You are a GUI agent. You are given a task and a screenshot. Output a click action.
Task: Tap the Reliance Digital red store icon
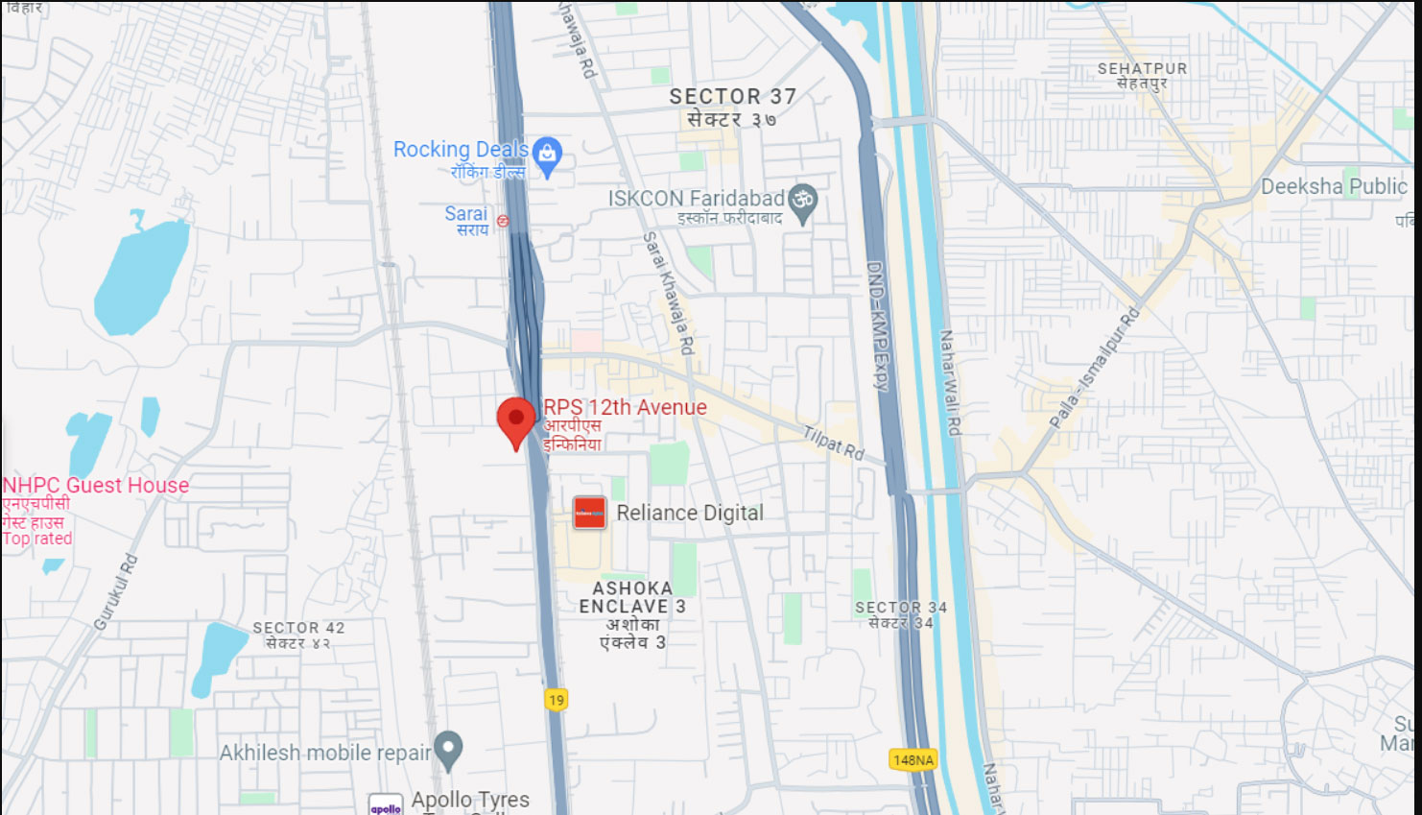(x=589, y=513)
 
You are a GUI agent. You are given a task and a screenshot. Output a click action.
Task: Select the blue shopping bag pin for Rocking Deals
(x=547, y=156)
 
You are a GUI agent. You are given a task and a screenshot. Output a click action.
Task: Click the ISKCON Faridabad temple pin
(x=802, y=202)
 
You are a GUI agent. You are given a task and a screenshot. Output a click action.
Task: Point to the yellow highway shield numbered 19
(x=556, y=700)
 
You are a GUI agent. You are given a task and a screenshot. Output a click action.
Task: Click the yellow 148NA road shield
(x=912, y=759)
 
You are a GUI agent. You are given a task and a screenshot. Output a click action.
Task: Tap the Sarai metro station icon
(x=503, y=221)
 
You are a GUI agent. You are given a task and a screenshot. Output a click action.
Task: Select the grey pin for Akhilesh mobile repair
(x=448, y=748)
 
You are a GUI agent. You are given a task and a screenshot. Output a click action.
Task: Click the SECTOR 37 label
(x=732, y=97)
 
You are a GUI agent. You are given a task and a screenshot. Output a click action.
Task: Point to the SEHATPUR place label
(x=1142, y=69)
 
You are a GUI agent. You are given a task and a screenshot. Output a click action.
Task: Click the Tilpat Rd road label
(x=833, y=443)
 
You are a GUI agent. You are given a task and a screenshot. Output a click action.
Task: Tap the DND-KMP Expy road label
(x=878, y=325)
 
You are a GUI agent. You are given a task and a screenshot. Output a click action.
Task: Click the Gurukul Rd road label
(x=116, y=592)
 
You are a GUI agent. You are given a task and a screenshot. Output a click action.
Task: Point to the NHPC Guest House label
(x=96, y=486)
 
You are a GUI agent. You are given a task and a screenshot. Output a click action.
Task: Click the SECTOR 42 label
(x=298, y=628)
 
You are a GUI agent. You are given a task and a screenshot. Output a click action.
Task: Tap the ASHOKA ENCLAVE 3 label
(x=632, y=597)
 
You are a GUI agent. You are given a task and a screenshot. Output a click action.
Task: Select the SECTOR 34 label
(x=900, y=608)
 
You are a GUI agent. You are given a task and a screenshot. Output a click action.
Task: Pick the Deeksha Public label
(x=1334, y=186)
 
